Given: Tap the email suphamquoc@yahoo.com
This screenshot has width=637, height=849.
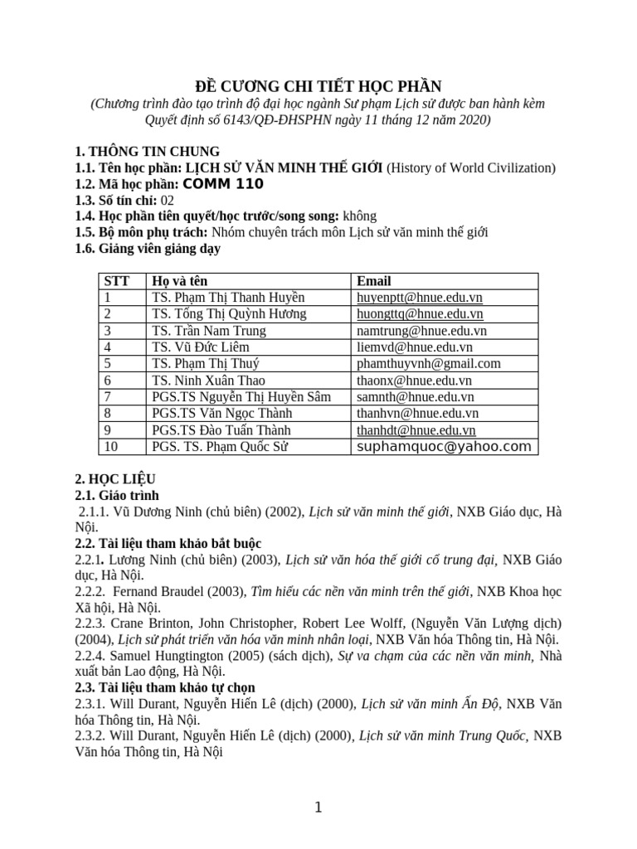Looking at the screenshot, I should (x=443, y=447).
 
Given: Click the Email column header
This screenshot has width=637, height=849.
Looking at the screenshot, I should (x=373, y=281).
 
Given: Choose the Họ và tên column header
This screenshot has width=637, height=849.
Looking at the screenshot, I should (x=180, y=281).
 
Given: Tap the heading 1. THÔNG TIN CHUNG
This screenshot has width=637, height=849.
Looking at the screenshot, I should (x=147, y=151).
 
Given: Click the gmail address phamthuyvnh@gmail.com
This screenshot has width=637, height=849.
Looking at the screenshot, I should (x=428, y=364).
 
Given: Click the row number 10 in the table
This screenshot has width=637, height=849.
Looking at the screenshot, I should (x=110, y=447).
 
